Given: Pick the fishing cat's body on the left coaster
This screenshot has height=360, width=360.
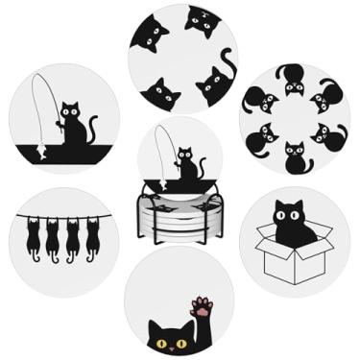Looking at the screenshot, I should click(72, 130).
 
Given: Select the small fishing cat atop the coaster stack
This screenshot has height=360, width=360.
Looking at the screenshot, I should click(188, 166).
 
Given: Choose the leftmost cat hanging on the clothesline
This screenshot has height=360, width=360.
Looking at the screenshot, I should click(33, 237).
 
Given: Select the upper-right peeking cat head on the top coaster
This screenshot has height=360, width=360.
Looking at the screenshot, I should click(203, 20).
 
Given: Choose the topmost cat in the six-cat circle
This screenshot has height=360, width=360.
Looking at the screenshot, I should click(293, 78).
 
